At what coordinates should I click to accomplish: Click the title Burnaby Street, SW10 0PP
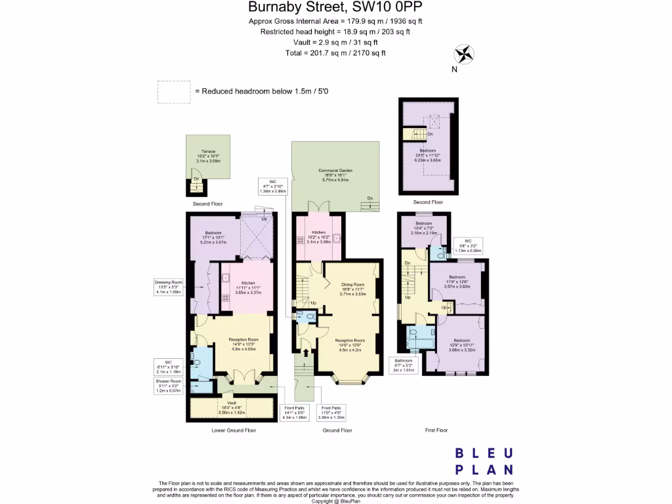pyautogui.click(x=335, y=8)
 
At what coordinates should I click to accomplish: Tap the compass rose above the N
pyautogui.click(x=463, y=54)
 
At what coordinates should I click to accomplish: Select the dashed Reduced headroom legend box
pyautogui.click(x=174, y=92)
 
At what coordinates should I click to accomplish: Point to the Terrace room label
pyautogui.click(x=209, y=156)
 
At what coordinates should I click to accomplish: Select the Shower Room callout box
pyautogui.click(x=169, y=385)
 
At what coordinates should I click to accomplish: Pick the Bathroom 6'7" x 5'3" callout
pyautogui.click(x=404, y=364)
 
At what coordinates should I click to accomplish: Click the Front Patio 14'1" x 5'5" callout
pyautogui.click(x=294, y=411)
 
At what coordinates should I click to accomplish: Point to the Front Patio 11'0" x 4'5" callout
pyautogui.click(x=331, y=411)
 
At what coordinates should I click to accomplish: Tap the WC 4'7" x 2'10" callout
pyautogui.click(x=274, y=186)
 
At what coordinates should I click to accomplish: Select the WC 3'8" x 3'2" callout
pyautogui.click(x=469, y=246)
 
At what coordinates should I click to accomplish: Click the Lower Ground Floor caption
pyautogui.click(x=234, y=430)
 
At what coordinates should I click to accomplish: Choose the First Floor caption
pyautogui.click(x=436, y=430)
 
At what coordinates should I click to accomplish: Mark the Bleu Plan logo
pyautogui.click(x=484, y=461)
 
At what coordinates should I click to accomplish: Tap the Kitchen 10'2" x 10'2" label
pyautogui.click(x=319, y=236)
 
